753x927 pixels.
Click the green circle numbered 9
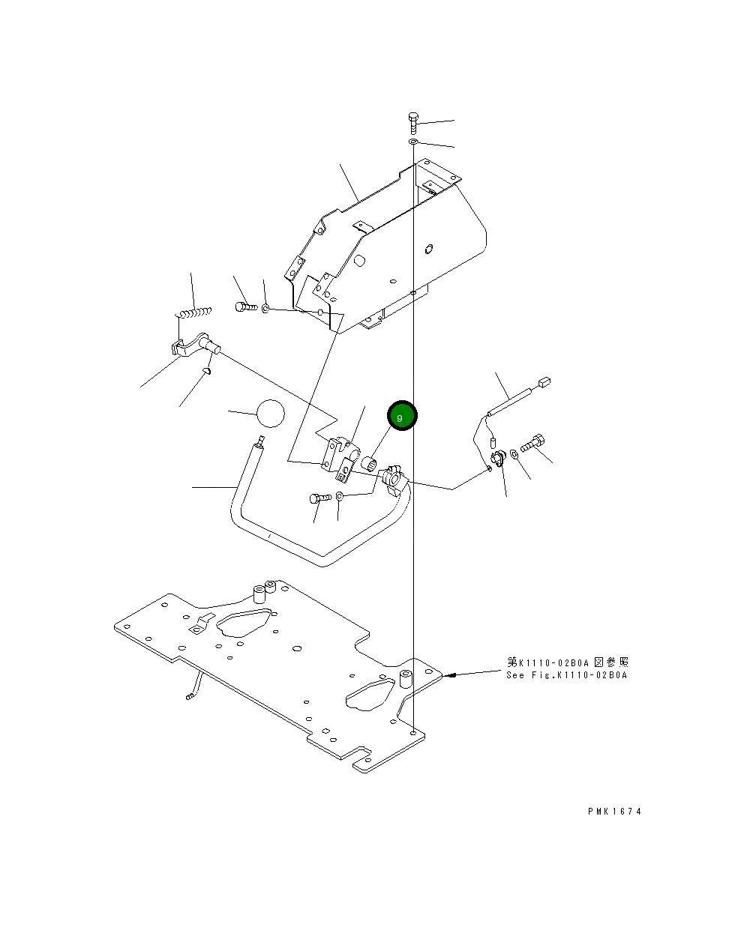[401, 416]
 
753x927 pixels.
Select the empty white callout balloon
[271, 413]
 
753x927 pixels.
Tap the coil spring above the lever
[194, 312]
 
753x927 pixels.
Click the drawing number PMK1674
[615, 811]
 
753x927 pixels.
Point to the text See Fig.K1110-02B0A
[566, 675]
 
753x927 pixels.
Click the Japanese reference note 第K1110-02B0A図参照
[568, 662]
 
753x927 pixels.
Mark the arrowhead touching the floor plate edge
[450, 675]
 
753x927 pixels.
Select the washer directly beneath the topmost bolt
[413, 141]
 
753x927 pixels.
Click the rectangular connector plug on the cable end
[544, 382]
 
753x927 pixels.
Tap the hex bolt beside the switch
[533, 444]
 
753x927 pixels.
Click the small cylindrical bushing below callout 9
[369, 459]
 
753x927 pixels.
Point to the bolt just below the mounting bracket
[319, 498]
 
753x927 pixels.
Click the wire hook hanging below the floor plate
[193, 688]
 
